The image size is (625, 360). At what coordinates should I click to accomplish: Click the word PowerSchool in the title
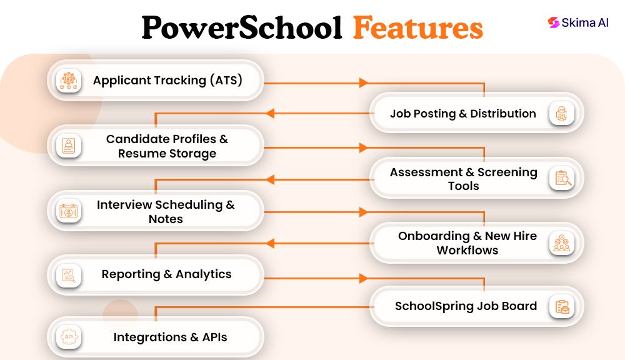241,27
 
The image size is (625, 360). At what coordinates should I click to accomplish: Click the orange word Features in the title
417,27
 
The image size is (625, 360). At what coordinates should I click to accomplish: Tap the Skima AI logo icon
553,22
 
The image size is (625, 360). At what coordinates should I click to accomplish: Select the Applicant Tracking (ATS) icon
68,80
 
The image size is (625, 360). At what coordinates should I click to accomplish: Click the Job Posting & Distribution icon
562,114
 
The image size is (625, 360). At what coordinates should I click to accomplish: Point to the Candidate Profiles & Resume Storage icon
68,146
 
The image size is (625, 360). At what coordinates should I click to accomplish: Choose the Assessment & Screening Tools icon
562,179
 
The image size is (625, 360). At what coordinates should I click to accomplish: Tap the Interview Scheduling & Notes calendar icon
68,211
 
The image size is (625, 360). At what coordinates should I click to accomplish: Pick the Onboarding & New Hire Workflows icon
562,243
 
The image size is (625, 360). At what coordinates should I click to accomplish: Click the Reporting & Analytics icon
68,274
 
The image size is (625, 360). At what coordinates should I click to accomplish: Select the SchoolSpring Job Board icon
562,306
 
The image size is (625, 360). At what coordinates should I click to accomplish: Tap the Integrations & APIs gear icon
68,337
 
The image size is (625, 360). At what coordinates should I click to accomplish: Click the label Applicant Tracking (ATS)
167,80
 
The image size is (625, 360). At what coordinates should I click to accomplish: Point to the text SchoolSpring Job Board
466,306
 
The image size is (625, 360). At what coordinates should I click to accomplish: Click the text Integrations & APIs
170,337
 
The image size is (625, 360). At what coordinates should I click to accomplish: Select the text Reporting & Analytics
166,274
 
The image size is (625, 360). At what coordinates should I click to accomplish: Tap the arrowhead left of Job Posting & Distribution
270,113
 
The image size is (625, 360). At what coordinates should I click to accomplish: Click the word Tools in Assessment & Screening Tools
463,186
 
